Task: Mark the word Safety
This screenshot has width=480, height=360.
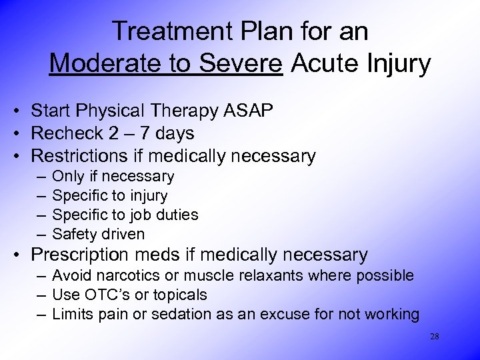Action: (x=73, y=234)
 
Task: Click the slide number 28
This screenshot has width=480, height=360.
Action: (x=434, y=337)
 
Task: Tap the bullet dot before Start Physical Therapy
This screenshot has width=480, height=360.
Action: (x=22, y=111)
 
